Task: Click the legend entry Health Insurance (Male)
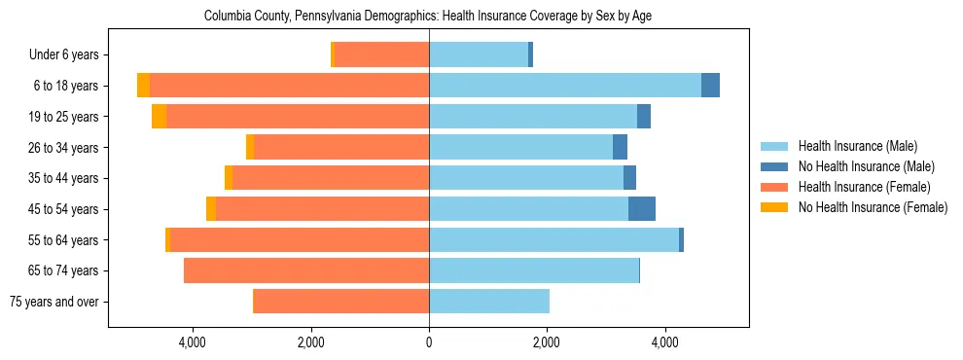pyautogui.click(x=857, y=146)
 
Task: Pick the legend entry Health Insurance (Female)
pyautogui.click(x=864, y=187)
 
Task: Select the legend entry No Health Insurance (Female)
pyautogui.click(x=873, y=207)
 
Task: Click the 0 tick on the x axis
pyautogui.click(x=429, y=343)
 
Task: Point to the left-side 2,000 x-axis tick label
pyautogui.click(x=310, y=343)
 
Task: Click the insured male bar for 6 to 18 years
pyautogui.click(x=564, y=86)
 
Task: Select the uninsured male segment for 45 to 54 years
pyautogui.click(x=642, y=209)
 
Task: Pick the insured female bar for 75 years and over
pyautogui.click(x=340, y=302)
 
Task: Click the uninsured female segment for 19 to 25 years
pyautogui.click(x=159, y=117)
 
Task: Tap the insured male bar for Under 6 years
pyautogui.click(x=479, y=54)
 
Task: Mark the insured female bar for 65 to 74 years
pyautogui.click(x=306, y=270)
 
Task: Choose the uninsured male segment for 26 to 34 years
pyautogui.click(x=620, y=147)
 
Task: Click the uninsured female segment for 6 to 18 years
pyautogui.click(x=143, y=86)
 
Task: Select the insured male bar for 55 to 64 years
pyautogui.click(x=553, y=239)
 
